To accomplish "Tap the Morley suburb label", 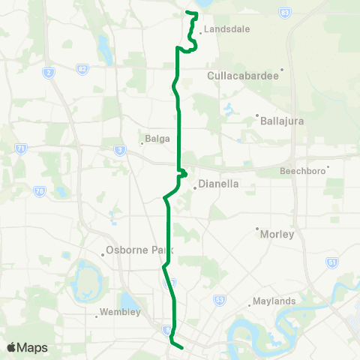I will click(277, 234).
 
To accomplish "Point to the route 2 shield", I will click(49, 72).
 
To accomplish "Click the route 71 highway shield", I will click(21, 149).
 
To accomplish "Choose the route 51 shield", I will click(332, 262).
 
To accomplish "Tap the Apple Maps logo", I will click(26, 347).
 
